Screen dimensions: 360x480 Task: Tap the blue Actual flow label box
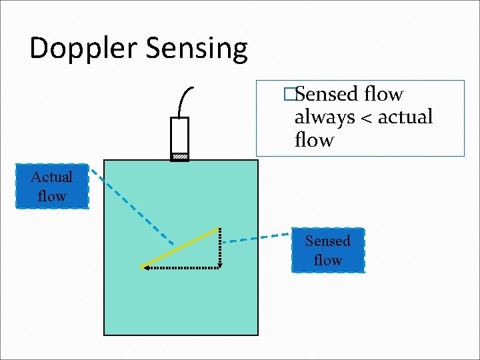click(52, 187)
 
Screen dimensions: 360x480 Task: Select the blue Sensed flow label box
click(328, 251)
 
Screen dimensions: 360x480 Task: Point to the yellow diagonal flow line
click(180, 248)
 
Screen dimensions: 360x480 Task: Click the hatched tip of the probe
click(179, 157)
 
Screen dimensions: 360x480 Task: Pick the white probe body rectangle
click(179, 135)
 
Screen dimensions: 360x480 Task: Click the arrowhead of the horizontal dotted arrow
click(144, 268)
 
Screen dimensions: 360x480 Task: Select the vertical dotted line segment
click(219, 248)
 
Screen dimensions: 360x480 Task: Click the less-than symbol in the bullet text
click(366, 118)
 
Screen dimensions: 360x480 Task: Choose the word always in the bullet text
click(325, 118)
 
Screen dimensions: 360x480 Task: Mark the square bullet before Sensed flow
click(289, 95)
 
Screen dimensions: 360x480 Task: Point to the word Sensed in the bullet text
click(326, 95)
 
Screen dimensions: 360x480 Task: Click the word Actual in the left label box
click(52, 177)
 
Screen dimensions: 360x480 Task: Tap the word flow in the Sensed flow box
click(328, 261)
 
